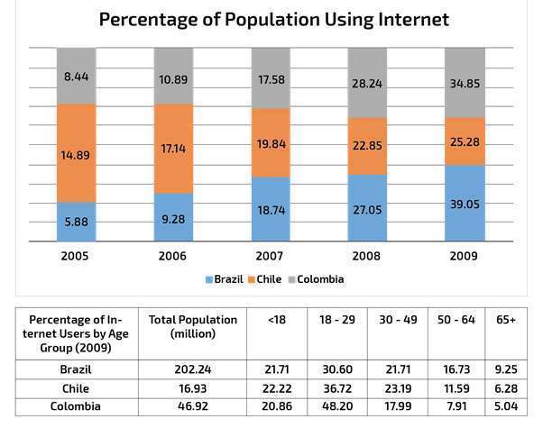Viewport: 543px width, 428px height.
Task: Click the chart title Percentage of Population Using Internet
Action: tap(273, 19)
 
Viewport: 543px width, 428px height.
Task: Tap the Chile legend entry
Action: tap(270, 279)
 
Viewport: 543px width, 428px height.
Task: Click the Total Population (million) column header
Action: tap(192, 327)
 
